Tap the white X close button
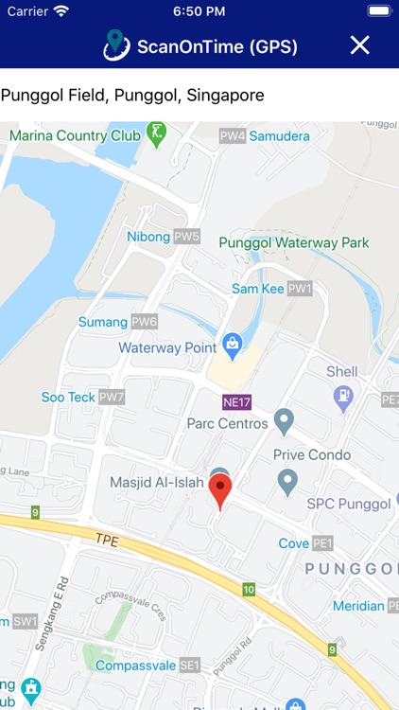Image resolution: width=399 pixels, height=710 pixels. coord(359,44)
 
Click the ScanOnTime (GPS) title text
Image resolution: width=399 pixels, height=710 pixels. coord(217,46)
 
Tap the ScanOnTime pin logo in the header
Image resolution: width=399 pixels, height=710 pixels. coord(115,44)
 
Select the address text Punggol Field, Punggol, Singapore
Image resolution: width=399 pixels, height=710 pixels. coord(132,95)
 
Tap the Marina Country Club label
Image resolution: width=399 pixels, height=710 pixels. coord(75,135)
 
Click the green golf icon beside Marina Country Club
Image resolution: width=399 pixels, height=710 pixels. coord(156,133)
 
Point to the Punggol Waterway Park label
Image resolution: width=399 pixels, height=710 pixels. coord(294,242)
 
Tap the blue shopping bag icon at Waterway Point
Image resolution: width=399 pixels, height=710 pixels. coord(230,342)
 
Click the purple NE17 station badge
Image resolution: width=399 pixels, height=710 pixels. coord(237,401)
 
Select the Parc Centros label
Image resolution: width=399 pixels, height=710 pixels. coord(228,423)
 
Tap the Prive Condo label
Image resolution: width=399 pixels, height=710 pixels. coord(312,454)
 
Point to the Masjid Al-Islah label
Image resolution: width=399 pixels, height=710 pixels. coord(157,482)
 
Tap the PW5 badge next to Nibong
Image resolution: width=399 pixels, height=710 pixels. coord(187,237)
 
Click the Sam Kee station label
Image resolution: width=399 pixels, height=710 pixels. coord(258,288)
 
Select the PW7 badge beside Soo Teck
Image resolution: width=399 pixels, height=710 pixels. coord(112,397)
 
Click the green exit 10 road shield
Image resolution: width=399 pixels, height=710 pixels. coord(248,590)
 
